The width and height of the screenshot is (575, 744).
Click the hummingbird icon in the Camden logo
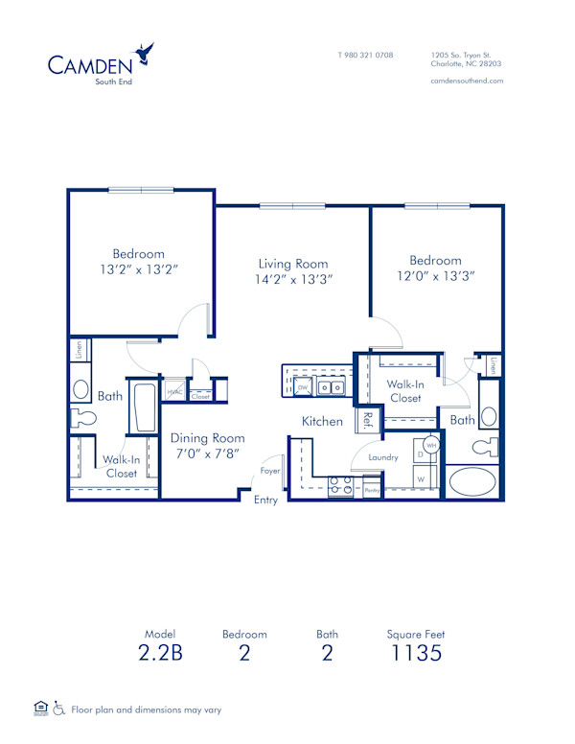click(x=144, y=53)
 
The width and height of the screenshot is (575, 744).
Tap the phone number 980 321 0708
click(x=365, y=55)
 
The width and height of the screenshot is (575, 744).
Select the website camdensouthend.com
click(x=467, y=81)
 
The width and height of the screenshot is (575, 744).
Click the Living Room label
click(x=293, y=264)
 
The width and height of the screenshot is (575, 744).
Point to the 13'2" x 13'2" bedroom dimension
click(x=140, y=270)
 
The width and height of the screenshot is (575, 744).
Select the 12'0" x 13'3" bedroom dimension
click(x=435, y=276)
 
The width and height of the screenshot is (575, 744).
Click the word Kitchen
click(x=322, y=421)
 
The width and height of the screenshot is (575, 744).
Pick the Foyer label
click(x=270, y=472)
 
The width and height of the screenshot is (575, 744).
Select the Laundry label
click(x=383, y=457)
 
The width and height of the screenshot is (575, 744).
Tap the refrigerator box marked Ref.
click(x=366, y=420)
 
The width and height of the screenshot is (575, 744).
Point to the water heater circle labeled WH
click(x=431, y=447)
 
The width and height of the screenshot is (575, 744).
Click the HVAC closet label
click(x=175, y=392)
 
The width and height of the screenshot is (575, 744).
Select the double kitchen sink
click(x=332, y=387)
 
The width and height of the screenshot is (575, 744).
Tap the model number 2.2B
click(x=160, y=655)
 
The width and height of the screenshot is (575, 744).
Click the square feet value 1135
click(x=415, y=655)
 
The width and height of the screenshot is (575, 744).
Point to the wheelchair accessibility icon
click(x=58, y=709)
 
